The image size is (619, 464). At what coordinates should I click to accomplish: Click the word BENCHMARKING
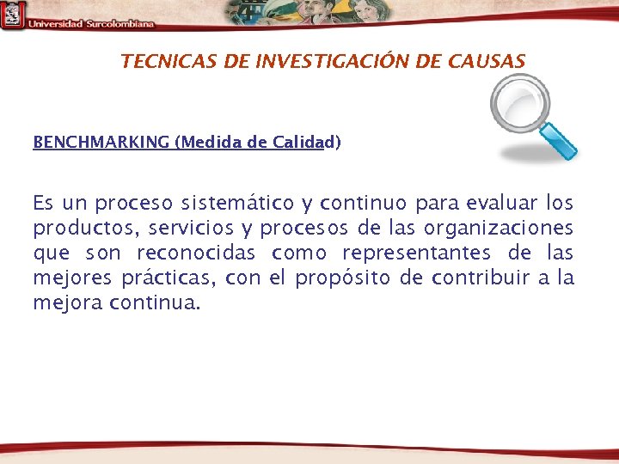(101, 142)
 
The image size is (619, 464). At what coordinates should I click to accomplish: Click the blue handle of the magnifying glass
(559, 141)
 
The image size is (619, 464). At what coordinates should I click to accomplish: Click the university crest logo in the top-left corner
(12, 15)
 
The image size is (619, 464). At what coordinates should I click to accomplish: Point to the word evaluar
(501, 204)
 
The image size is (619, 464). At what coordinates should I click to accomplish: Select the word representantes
(417, 253)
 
